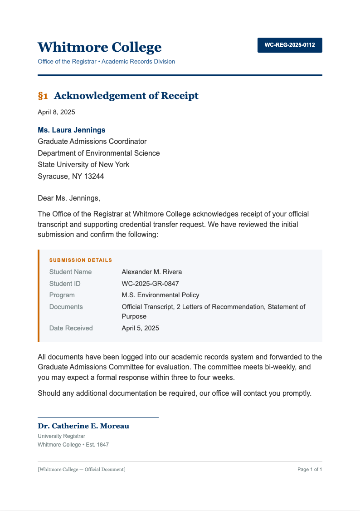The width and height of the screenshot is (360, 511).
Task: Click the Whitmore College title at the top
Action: pyautogui.click(x=99, y=47)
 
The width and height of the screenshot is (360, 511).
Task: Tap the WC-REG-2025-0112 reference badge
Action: pyautogui.click(x=290, y=45)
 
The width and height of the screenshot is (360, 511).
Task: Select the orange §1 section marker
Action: pyautogui.click(x=43, y=96)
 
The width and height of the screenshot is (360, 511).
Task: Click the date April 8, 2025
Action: pyautogui.click(x=56, y=112)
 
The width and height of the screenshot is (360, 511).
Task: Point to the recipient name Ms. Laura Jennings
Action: pyautogui.click(x=72, y=130)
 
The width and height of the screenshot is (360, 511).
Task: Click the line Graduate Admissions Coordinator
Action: pyautogui.click(x=92, y=142)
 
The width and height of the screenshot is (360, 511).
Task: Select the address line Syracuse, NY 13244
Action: pyautogui.click(x=71, y=177)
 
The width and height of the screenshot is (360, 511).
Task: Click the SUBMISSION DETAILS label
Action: pyautogui.click(x=81, y=260)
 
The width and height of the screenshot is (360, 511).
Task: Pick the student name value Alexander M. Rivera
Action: pyautogui.click(x=152, y=272)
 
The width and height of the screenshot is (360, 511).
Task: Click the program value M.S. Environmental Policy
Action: pyautogui.click(x=161, y=295)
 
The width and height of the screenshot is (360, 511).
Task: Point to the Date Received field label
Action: pyautogui.click(x=71, y=328)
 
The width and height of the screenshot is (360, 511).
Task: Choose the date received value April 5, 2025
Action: pyautogui.click(x=141, y=328)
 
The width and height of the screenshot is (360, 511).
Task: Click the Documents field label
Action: pyautogui.click(x=66, y=307)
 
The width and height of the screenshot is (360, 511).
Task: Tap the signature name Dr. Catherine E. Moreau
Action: pyautogui.click(x=83, y=426)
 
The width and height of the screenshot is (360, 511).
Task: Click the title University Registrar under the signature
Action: pyautogui.click(x=62, y=436)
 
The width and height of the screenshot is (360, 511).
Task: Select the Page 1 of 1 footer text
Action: pyautogui.click(x=310, y=469)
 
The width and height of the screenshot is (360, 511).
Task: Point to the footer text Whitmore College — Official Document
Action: pyautogui.click(x=82, y=469)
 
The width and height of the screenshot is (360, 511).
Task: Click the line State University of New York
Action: pyautogui.click(x=83, y=165)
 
